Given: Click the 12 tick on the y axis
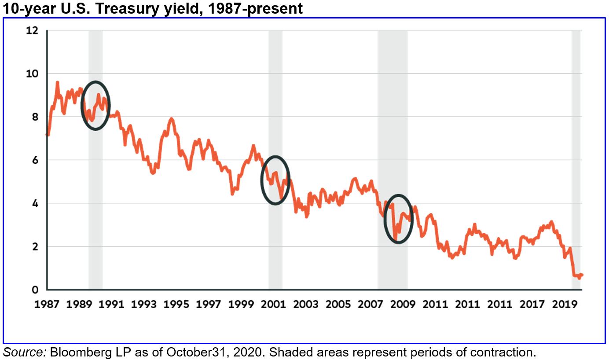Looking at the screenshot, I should coord(33,31).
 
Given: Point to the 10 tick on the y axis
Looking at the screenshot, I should coord(33,73).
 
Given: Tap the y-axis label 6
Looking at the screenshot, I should coord(35,160).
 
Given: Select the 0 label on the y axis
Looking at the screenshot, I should coord(35,290).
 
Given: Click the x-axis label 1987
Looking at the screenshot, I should coord(47,304).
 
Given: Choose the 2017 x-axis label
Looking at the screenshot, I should coord(532,304).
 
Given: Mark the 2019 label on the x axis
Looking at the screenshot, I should coord(565,304).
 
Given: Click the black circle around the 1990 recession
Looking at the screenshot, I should coord(95,106).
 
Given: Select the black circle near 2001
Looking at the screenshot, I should coord(275,180).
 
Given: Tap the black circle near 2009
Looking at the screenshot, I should coord(399,219).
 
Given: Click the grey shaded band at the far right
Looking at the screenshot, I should coord(576,158).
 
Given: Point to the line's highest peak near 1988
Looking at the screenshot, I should coord(57,82).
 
